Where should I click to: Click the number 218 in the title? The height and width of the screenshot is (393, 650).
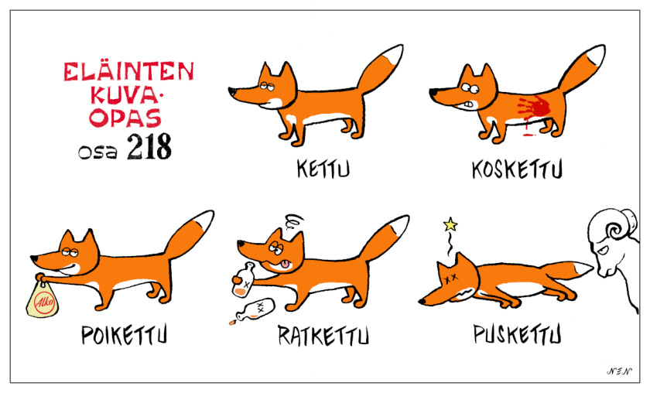pos(149,147)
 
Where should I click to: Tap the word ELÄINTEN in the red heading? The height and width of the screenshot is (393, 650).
pos(128,71)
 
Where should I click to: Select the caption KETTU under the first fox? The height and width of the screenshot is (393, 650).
pos(323,169)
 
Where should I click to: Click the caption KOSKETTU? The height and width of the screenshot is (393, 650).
pos(517,169)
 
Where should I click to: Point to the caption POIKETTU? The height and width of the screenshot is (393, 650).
pos(124,334)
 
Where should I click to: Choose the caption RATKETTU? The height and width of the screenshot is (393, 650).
pos(323,335)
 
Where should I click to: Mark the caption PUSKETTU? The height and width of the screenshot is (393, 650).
pos(518,334)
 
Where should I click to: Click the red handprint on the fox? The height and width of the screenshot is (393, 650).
pos(534,107)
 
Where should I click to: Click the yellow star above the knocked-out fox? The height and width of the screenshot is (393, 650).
pos(450,224)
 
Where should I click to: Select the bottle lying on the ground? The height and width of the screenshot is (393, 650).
pos(253,310)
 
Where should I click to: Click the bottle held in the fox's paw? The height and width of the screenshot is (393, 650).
pos(243,281)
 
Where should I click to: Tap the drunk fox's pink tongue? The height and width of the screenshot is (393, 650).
pos(285,264)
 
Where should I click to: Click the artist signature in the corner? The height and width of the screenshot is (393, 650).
pos(619,371)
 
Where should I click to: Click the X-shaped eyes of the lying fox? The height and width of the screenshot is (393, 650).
pos(450,278)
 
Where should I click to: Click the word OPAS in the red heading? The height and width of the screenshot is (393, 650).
pos(125,118)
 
